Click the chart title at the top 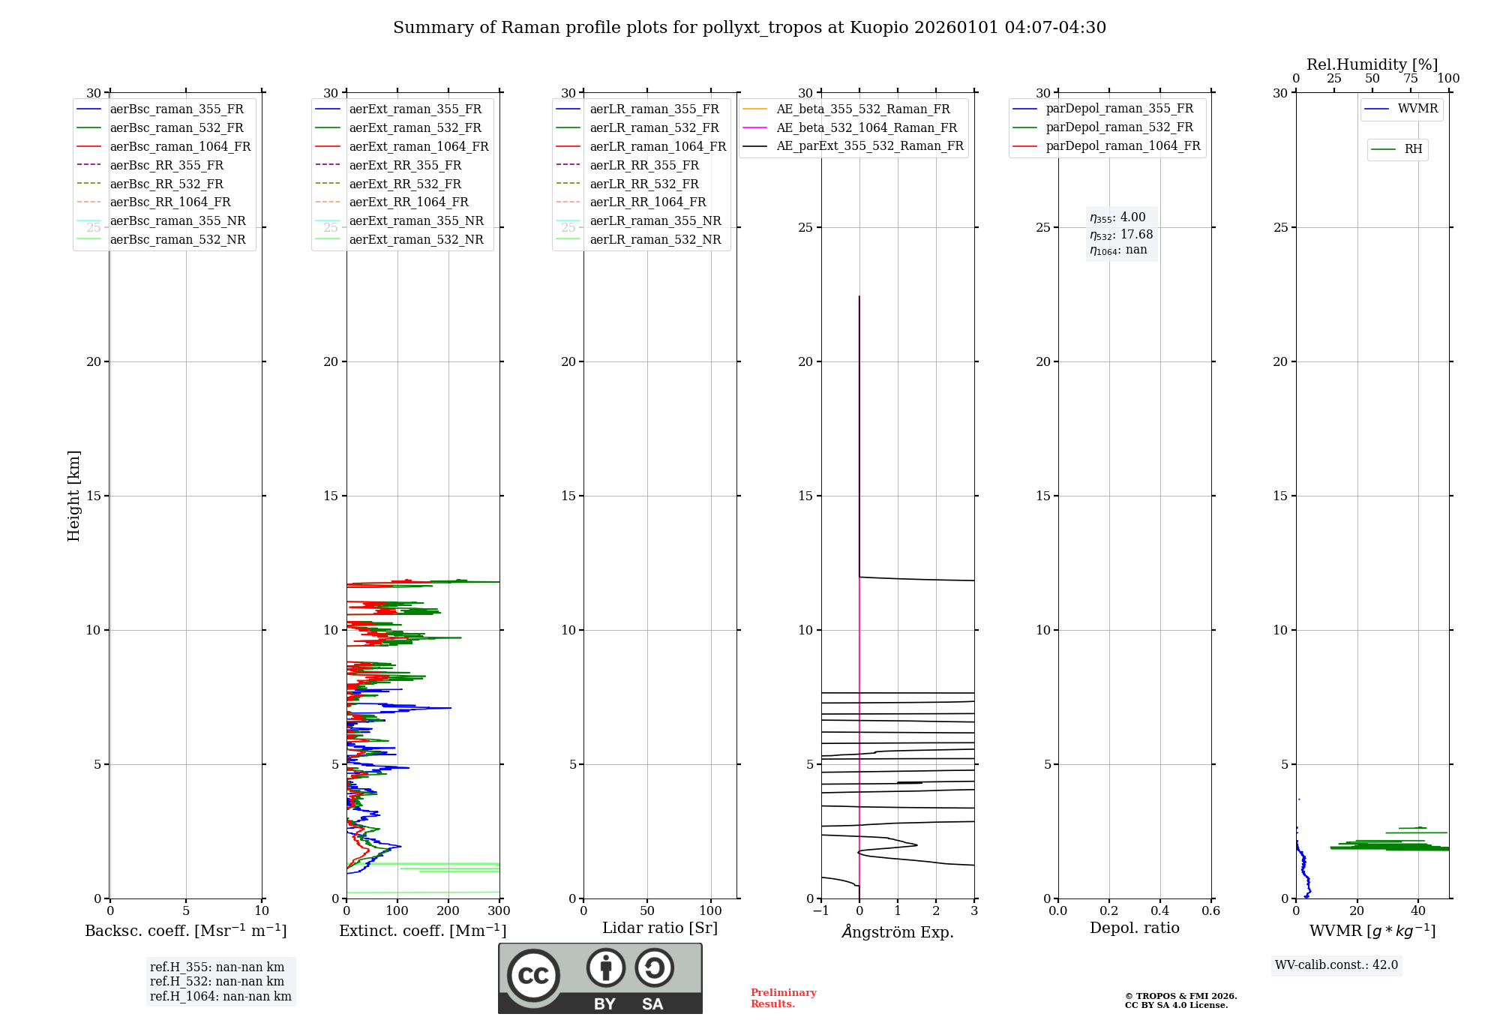point(749,28)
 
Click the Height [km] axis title point(73,496)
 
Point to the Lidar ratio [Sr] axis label point(660,928)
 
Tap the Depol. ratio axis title point(1134,928)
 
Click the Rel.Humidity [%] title point(1372,64)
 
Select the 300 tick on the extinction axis point(499,911)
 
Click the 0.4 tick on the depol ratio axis point(1159,911)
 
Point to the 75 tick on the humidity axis point(1411,79)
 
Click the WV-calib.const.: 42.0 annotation point(1336,964)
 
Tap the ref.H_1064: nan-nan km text point(220,996)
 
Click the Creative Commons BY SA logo point(600,978)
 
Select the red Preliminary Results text point(783,997)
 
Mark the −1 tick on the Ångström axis point(821,911)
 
